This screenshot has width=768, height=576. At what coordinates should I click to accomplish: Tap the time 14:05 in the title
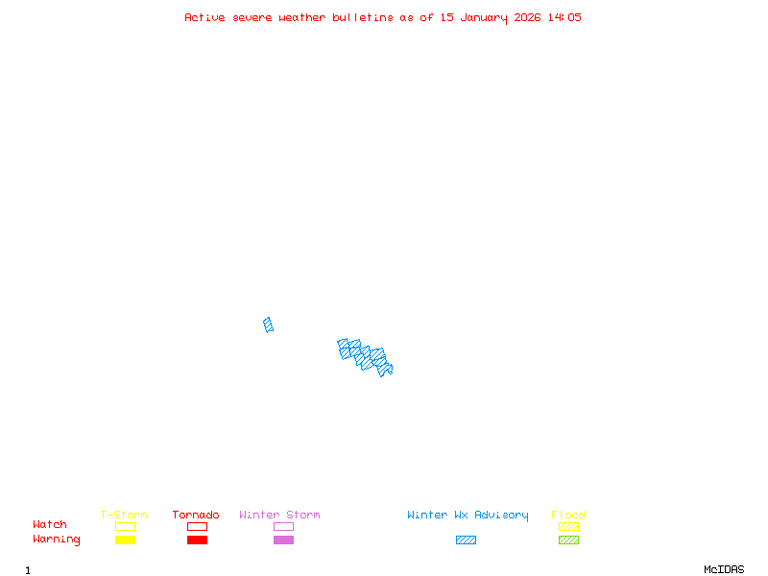[565, 17]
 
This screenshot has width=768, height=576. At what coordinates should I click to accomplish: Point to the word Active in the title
[204, 17]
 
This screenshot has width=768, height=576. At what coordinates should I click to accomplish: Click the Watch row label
[50, 525]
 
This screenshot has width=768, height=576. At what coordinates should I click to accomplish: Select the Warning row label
[57, 540]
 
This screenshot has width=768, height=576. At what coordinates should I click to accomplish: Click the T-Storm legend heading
[124, 516]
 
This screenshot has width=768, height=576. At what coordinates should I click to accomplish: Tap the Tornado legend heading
[196, 516]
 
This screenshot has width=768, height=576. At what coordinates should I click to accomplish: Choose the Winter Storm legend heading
[279, 516]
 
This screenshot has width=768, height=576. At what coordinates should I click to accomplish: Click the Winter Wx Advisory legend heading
[468, 516]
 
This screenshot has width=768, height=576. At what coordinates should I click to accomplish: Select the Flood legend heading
[568, 516]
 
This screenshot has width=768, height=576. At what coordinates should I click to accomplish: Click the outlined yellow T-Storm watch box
[125, 526]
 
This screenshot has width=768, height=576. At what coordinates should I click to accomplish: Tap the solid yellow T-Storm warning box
[125, 540]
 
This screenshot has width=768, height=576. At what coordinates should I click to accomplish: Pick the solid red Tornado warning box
[197, 540]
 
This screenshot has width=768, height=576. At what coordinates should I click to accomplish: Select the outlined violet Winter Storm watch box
[283, 526]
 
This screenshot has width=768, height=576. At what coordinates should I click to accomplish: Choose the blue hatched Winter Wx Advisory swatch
[466, 540]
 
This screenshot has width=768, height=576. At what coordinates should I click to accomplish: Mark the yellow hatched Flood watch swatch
[568, 526]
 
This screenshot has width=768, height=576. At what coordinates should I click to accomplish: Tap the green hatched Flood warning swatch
[568, 540]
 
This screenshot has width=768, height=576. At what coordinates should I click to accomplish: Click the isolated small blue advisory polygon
[269, 324]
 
